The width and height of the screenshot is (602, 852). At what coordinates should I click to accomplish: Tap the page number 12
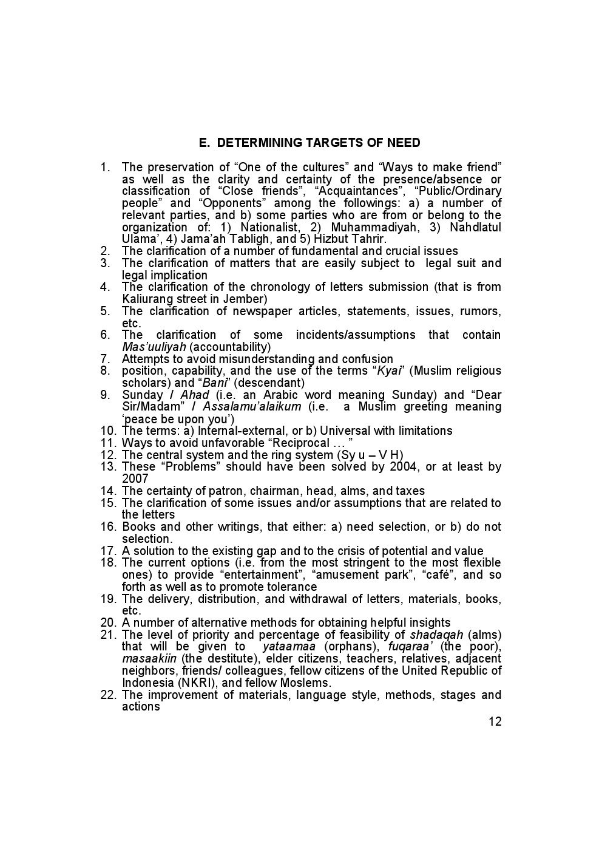point(495,721)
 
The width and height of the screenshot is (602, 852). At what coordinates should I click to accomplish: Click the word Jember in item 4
point(248,299)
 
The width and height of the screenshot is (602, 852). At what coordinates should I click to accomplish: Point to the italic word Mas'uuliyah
point(154,347)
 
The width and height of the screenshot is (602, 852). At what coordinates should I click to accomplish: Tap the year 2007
point(135,479)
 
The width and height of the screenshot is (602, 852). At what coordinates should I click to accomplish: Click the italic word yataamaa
point(289,647)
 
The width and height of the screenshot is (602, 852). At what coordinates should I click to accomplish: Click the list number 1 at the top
point(104,167)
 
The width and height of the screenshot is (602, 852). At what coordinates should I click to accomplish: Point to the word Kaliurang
point(149,299)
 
